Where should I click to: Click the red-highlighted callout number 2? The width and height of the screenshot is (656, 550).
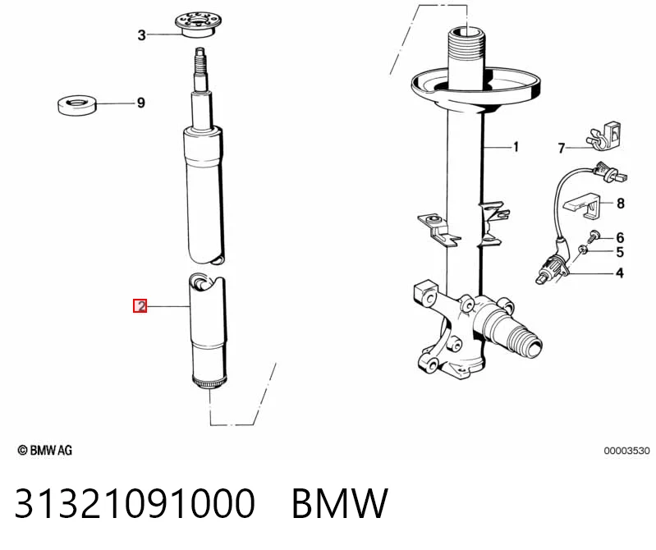pyautogui.click(x=140, y=305)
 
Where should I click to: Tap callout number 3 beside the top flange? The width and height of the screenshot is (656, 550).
pyautogui.click(x=142, y=34)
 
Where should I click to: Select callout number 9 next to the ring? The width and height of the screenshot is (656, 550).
pyautogui.click(x=141, y=103)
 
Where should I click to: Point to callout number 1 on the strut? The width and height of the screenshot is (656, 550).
pyautogui.click(x=516, y=147)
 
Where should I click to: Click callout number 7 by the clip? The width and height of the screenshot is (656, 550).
pyautogui.click(x=562, y=148)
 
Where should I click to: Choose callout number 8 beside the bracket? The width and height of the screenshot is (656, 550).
pyautogui.click(x=621, y=204)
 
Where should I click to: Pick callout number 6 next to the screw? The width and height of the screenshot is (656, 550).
pyautogui.click(x=621, y=237)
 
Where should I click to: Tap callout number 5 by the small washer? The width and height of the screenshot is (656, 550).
pyautogui.click(x=620, y=252)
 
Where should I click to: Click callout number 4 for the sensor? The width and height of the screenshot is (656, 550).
pyautogui.click(x=620, y=273)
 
